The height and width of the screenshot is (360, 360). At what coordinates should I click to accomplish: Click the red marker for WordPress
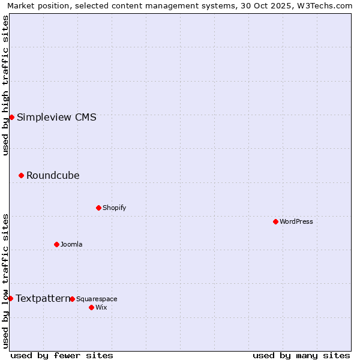tap(275, 221)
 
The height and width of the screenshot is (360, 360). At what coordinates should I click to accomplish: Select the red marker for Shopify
tap(98, 208)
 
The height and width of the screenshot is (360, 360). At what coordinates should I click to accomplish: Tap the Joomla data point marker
tap(56, 244)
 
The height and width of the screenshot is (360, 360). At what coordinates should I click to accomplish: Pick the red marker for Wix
tap(91, 307)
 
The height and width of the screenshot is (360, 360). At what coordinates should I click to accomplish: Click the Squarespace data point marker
tap(72, 299)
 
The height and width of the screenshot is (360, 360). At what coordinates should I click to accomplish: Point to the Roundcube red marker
tap(21, 175)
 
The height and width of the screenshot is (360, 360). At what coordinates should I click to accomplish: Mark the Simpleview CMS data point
tap(11, 117)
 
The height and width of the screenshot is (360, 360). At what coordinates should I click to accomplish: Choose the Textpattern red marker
tap(10, 298)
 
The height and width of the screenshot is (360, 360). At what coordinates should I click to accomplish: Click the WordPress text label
tap(296, 221)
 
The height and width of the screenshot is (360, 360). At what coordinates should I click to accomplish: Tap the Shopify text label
tap(115, 208)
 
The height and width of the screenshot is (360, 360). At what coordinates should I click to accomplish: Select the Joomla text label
tap(71, 244)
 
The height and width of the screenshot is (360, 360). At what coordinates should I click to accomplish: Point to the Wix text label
tap(101, 307)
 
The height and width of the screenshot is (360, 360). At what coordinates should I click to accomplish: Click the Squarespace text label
tap(97, 299)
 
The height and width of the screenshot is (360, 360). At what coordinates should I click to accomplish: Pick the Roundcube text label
tap(53, 175)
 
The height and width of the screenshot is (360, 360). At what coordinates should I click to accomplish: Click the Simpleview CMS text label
tap(56, 117)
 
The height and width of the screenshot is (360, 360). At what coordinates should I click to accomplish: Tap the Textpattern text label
tap(43, 298)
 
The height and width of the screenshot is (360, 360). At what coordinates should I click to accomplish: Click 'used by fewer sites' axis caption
tap(62, 355)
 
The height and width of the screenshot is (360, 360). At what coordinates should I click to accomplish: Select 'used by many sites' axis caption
tap(301, 355)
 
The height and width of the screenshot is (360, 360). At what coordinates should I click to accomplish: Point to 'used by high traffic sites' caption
tap(5, 85)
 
